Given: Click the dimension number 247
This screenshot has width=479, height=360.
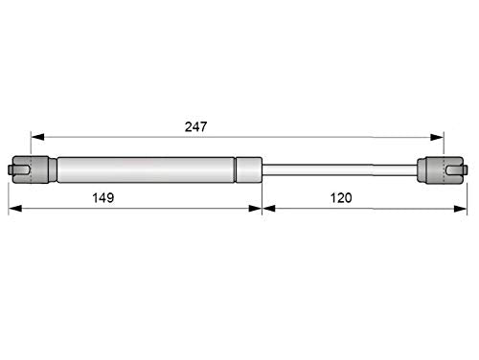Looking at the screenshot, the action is coord(195,126).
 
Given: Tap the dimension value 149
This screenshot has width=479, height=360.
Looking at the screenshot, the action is coord(103,198).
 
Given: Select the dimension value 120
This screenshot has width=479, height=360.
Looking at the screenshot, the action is coord(341,198).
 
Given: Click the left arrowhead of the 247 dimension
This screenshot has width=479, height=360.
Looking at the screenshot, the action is coord(37,137).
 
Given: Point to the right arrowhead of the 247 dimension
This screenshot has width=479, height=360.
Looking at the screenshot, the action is coord(437,137).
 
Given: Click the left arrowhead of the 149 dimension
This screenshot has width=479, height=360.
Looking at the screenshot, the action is coord(15,209).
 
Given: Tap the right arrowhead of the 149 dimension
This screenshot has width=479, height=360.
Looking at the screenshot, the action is coord(255,209).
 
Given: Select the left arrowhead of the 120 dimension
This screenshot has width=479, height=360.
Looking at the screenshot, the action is coord(269,209).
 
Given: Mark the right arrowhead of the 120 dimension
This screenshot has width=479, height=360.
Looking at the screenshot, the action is coord(460,209).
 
